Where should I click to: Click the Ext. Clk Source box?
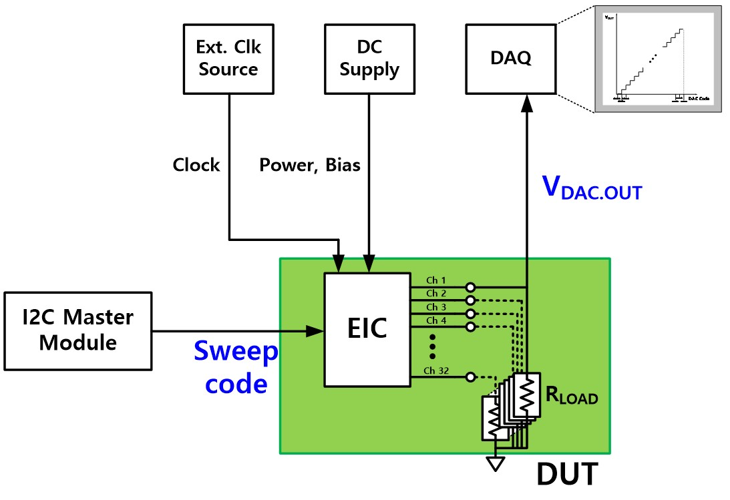pos(228,59)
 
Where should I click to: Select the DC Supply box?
pos(369,59)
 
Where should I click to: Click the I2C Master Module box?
pos(77,329)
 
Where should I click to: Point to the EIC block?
pos(367,328)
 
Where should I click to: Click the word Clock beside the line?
pos(196,165)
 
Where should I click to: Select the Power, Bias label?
pos(310,165)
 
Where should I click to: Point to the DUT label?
pos(567,475)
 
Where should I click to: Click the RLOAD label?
pos(572,396)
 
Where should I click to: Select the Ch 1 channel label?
pos(435,280)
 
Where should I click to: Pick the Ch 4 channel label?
pos(435,320)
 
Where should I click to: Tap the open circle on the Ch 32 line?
pos(471,377)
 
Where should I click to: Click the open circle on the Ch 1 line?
pos(471,287)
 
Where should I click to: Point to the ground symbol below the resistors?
pos(495,463)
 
